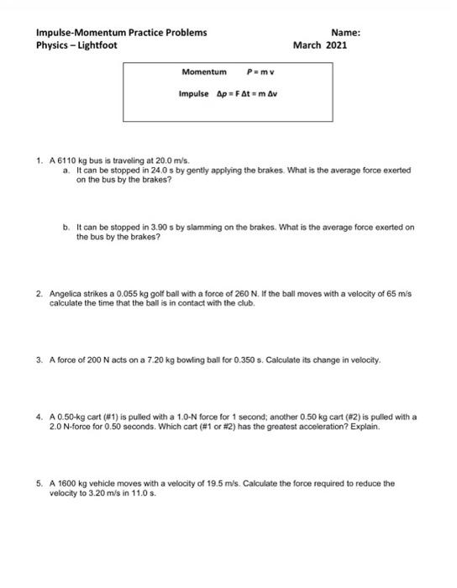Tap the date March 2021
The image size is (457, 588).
tap(319, 45)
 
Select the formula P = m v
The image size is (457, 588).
tap(261, 74)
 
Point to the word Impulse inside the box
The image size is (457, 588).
tap(194, 94)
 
